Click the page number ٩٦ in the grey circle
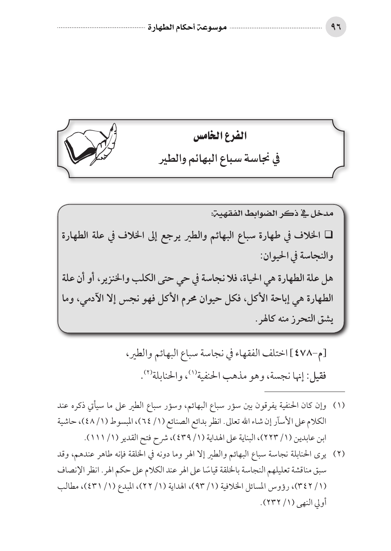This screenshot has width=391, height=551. (x=335, y=28)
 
